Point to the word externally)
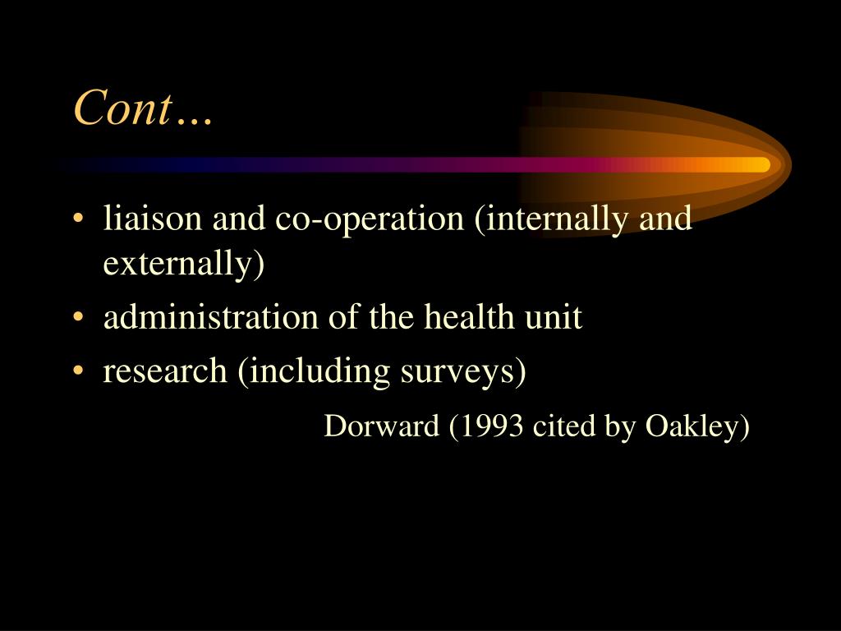184,264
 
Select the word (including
315,371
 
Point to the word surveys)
463,371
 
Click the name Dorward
382,426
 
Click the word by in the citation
619,427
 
